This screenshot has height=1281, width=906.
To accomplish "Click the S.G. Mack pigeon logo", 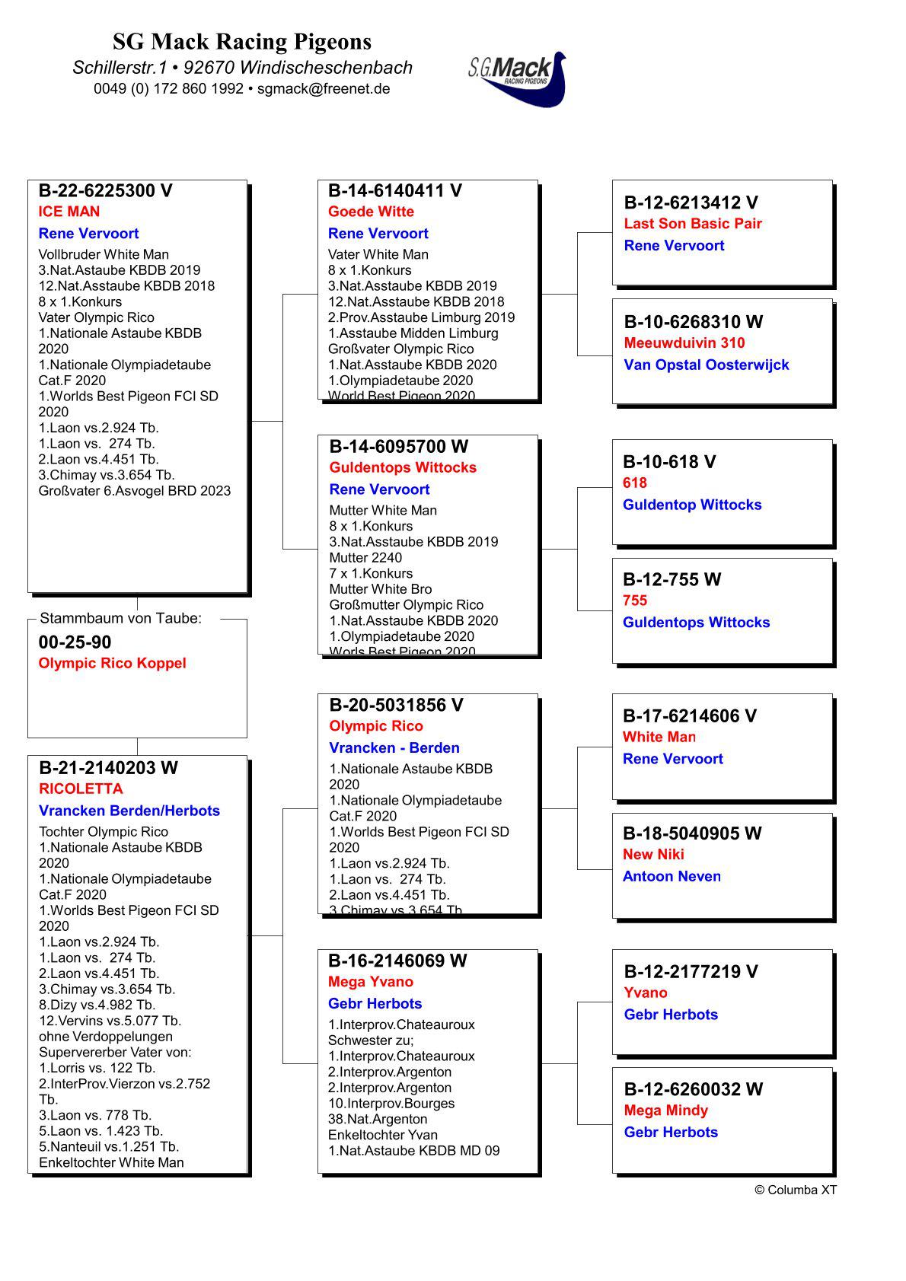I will click(x=518, y=78).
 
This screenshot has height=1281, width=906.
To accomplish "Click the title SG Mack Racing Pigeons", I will click(x=242, y=41).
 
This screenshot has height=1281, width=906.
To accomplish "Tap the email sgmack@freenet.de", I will click(x=324, y=88).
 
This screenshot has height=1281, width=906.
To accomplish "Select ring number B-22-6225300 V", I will click(x=106, y=191).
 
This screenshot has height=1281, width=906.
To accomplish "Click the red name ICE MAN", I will click(x=69, y=212).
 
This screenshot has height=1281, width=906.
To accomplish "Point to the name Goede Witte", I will click(x=371, y=212).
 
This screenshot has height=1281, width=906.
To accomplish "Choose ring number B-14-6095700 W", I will click(x=398, y=447).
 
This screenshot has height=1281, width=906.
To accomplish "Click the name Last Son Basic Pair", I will click(x=693, y=224).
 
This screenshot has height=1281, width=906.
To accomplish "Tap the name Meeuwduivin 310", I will click(x=684, y=343).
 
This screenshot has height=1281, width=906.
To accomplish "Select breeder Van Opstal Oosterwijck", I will click(x=707, y=365).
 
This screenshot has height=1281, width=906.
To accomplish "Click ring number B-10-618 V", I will click(x=669, y=462).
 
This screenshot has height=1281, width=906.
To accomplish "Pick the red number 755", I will click(x=635, y=601).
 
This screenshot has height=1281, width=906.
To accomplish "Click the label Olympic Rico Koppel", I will click(x=113, y=663).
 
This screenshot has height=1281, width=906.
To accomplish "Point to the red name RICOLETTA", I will click(x=81, y=789).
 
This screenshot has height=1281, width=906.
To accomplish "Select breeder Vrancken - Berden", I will click(x=394, y=748).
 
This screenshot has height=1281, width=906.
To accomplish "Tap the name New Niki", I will click(x=653, y=855).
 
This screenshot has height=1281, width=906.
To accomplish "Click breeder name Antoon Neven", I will click(x=672, y=877).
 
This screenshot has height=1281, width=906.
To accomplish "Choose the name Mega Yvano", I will click(x=371, y=982).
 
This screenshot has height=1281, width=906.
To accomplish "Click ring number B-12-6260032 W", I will click(x=693, y=1089).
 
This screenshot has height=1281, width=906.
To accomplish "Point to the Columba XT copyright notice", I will click(x=796, y=1190).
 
